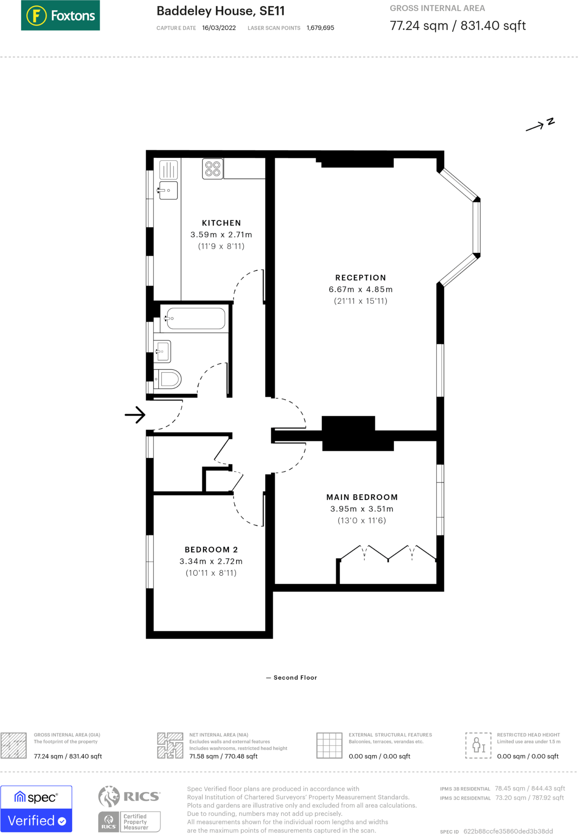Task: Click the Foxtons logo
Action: [60, 15]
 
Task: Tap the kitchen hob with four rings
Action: [213, 169]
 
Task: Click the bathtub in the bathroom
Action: [196, 318]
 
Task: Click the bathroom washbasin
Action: [163, 351]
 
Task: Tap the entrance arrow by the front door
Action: [135, 415]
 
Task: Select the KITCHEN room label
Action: [221, 223]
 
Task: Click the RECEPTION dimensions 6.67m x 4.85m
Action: [360, 290]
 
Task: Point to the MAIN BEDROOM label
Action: [362, 497]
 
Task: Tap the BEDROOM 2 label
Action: [211, 549]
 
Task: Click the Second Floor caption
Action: [295, 678]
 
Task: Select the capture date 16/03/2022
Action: [219, 28]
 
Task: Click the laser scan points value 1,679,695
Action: [320, 28]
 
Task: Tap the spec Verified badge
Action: [36, 809]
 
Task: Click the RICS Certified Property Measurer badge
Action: [129, 809]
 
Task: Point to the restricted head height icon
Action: [478, 745]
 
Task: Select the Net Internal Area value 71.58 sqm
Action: [223, 756]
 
